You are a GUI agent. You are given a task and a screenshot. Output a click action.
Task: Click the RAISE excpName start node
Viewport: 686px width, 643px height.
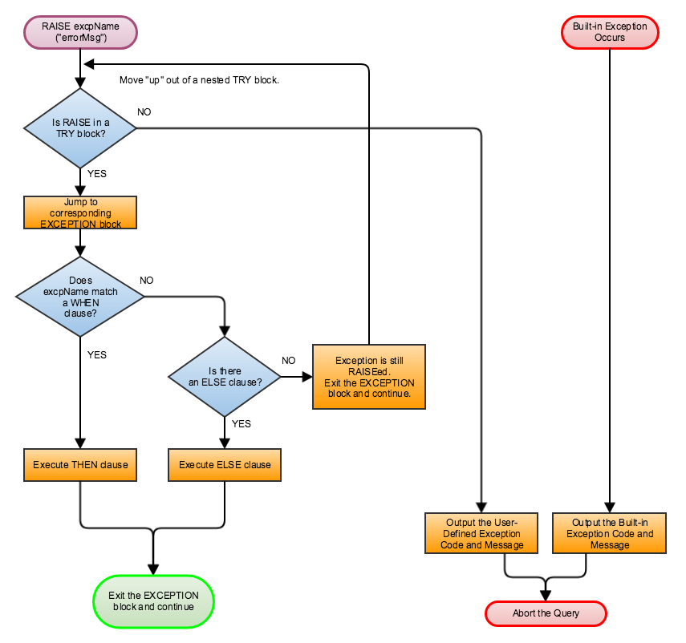click(80, 32)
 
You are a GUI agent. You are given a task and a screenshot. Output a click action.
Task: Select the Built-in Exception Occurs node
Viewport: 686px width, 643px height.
click(610, 32)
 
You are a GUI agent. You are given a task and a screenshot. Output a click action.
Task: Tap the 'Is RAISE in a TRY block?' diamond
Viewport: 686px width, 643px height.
click(80, 128)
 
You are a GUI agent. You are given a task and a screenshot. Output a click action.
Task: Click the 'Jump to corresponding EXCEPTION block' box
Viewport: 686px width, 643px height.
click(80, 213)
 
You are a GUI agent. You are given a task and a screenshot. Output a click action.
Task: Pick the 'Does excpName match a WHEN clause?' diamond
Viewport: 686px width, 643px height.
click(80, 297)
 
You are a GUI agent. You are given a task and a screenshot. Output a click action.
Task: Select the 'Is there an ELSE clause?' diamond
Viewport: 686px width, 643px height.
click(224, 377)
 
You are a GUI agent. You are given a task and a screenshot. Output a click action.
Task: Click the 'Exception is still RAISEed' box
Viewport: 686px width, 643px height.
click(369, 377)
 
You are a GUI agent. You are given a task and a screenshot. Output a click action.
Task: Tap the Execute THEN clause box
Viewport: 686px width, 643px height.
click(80, 465)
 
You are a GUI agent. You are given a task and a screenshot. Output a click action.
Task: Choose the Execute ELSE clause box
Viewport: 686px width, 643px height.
click(225, 465)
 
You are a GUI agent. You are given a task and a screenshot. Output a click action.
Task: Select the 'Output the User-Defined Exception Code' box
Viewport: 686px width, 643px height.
click(481, 533)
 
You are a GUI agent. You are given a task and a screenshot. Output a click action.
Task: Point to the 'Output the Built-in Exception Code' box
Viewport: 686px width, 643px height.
click(610, 533)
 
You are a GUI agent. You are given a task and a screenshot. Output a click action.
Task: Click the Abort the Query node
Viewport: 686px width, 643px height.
click(546, 613)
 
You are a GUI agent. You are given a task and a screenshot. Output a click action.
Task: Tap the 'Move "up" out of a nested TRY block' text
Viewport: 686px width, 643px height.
click(199, 80)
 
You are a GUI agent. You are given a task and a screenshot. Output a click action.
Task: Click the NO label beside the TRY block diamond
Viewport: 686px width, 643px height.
click(144, 111)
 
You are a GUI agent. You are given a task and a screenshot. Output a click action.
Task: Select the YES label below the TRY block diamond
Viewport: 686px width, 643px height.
click(96, 173)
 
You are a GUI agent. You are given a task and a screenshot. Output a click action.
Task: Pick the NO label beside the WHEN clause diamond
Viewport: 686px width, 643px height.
click(147, 281)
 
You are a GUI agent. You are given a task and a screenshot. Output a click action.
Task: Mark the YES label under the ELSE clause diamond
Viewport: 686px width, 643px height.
click(241, 423)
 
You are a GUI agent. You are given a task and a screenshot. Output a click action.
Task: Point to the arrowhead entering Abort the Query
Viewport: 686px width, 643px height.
click(546, 595)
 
